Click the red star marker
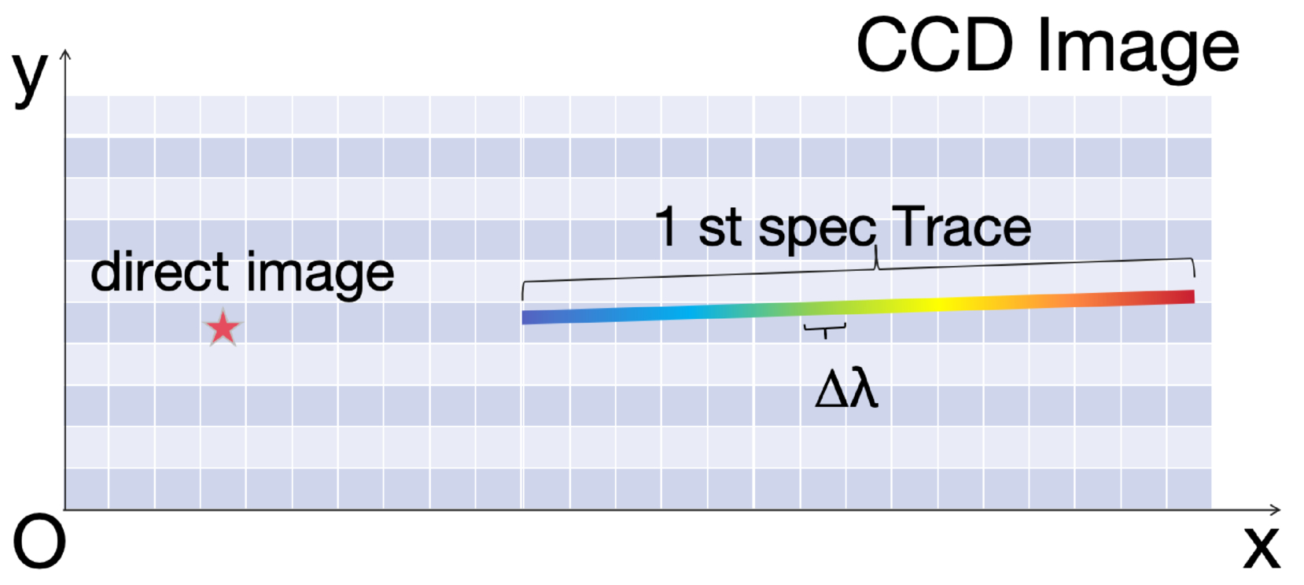click(x=223, y=328)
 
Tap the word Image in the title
click(x=1139, y=50)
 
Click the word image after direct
click(x=320, y=275)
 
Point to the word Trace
click(x=961, y=227)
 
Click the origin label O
click(x=39, y=541)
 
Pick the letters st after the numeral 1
click(x=720, y=228)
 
